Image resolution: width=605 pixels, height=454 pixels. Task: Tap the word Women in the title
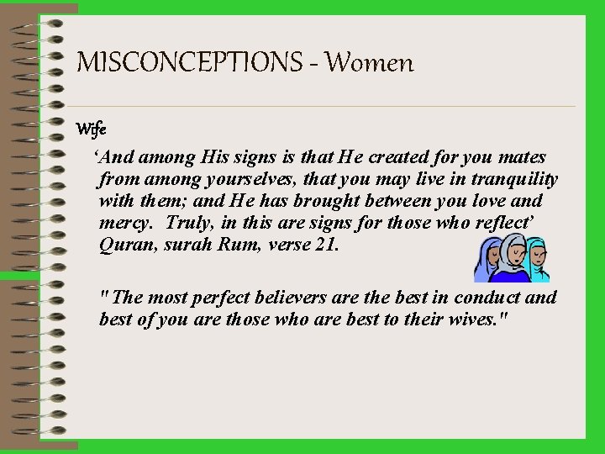[370, 62]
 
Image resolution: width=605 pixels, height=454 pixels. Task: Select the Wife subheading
[90, 129]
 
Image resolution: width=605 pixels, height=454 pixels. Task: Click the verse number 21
[326, 245]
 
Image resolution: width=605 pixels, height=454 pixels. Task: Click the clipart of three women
[513, 258]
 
